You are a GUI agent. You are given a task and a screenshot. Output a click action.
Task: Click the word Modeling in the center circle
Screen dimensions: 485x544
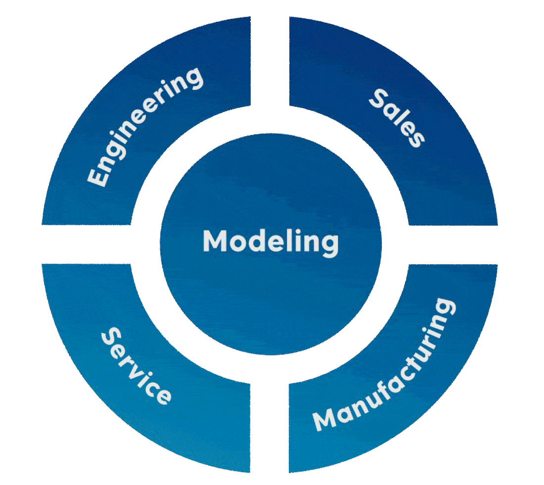(271, 242)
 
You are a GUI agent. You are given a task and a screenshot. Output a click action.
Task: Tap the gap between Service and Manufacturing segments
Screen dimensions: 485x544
(270, 426)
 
